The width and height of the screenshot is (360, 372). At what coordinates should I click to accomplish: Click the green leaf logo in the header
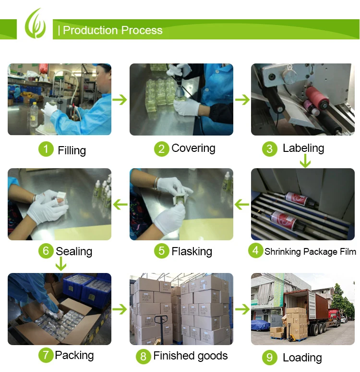tap(35, 24)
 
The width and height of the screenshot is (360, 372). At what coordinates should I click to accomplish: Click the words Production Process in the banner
tap(113, 30)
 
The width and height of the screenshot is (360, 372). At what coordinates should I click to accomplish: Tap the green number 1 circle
tap(46, 149)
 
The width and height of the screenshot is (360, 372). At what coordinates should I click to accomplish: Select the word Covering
tap(193, 149)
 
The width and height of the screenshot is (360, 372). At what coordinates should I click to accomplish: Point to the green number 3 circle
tap(269, 149)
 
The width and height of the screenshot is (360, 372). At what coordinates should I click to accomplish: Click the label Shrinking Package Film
tap(310, 251)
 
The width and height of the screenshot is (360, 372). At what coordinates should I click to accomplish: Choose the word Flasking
tap(192, 251)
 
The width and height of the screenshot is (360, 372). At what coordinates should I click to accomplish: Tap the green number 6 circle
tap(46, 251)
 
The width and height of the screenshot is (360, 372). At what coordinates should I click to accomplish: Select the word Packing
tap(74, 355)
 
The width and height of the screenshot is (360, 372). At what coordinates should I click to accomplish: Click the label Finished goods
tap(191, 356)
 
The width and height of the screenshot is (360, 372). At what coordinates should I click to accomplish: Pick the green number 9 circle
tap(269, 357)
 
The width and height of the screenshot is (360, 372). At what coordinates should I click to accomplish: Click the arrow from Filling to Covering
tap(120, 99)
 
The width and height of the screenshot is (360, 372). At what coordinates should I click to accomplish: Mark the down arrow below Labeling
tap(305, 161)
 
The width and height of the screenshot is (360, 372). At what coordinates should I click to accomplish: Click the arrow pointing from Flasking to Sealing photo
tap(120, 205)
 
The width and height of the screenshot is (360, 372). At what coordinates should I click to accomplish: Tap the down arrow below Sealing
tap(61, 264)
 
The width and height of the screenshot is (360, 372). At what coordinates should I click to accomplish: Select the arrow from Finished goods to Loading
tap(242, 309)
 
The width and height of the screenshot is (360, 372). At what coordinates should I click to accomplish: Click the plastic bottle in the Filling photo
tap(34, 114)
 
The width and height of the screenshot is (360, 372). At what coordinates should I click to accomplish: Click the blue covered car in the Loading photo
tap(261, 325)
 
